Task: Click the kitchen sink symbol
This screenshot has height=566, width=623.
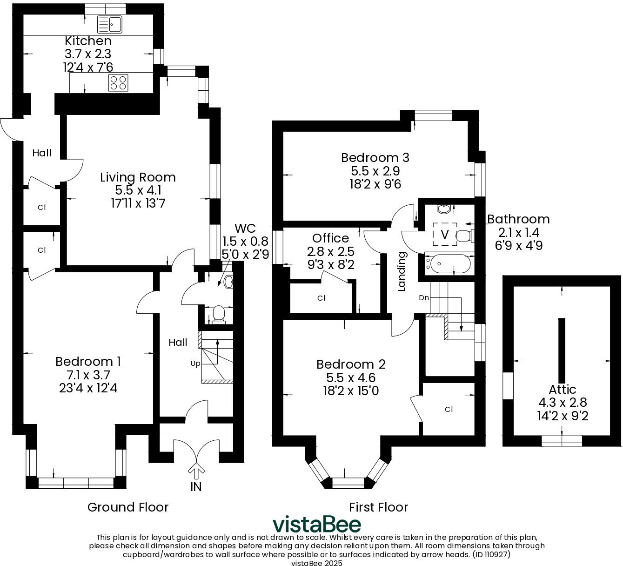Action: (110, 25)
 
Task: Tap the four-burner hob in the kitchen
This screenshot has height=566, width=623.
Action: (118, 83)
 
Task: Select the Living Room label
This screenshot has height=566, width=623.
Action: (138, 177)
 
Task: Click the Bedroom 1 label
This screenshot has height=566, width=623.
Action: (88, 362)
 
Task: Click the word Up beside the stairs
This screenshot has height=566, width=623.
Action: (195, 364)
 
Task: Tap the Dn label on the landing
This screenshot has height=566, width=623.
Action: (424, 297)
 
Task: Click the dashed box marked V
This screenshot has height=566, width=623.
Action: (445, 234)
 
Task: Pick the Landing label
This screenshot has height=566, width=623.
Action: (402, 271)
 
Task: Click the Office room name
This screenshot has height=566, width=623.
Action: (330, 238)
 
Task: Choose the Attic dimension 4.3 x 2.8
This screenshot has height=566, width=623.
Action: (563, 403)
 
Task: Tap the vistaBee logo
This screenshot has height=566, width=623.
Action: (317, 524)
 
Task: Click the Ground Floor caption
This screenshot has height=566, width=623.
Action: (128, 507)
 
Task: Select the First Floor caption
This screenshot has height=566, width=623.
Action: (378, 507)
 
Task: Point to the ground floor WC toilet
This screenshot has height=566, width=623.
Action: (219, 314)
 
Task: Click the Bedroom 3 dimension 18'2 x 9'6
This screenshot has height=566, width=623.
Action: (375, 184)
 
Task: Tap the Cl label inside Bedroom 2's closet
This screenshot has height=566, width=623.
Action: (449, 409)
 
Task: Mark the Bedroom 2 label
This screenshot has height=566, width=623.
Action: (351, 364)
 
